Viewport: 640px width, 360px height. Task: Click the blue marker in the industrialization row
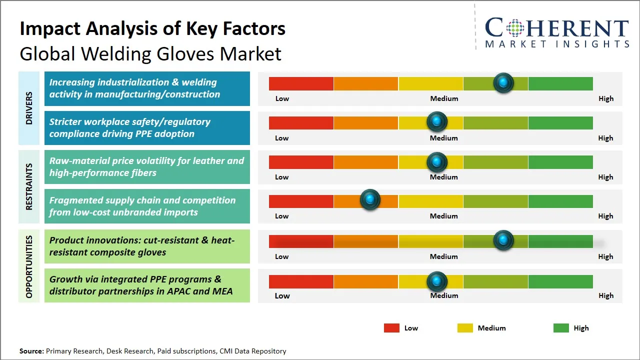point(503,82)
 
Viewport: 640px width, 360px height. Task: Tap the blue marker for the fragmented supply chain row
point(370,200)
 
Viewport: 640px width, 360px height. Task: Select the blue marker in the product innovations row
point(503,240)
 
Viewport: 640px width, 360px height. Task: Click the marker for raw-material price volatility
point(437,161)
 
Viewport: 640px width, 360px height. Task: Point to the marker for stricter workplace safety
point(437,121)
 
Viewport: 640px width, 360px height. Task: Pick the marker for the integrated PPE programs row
point(437,281)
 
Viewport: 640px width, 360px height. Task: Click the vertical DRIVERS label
point(29,108)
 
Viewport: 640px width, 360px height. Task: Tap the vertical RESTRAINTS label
point(29,186)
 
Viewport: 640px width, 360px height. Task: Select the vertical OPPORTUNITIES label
point(29,266)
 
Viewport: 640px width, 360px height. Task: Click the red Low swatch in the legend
point(391,328)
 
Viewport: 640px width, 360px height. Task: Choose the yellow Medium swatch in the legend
point(465,328)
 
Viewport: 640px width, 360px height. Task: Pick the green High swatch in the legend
point(561,328)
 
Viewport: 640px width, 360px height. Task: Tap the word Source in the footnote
point(31,351)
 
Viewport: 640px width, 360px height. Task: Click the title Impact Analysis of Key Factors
point(152,28)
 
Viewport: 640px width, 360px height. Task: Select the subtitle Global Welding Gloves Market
point(150,53)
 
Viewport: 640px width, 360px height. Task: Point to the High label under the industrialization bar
point(605,98)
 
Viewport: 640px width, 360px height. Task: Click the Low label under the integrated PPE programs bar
point(282,295)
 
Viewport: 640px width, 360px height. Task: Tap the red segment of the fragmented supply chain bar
point(301,201)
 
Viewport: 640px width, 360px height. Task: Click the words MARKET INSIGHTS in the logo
point(557,44)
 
